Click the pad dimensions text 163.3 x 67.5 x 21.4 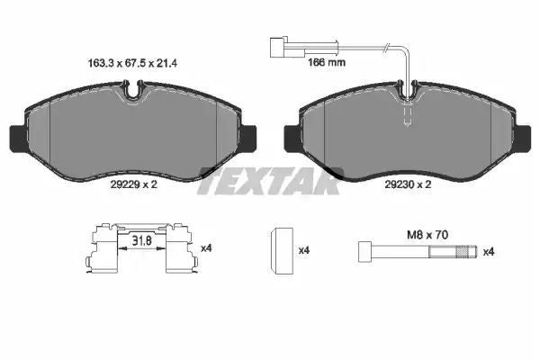(x=132, y=63)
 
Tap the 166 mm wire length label (x=326, y=62)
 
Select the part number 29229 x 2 (x=133, y=184)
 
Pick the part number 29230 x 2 (x=408, y=184)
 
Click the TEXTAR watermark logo (x=270, y=181)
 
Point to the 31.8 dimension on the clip (x=142, y=240)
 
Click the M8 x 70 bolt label (x=427, y=235)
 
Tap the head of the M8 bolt (x=365, y=252)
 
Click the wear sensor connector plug (x=277, y=47)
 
